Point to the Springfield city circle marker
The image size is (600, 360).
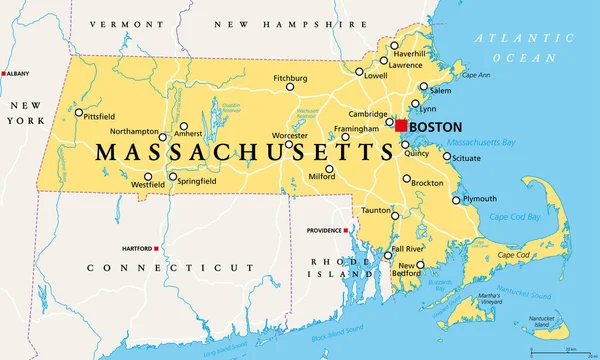coord(172,178)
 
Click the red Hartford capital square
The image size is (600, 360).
coord(157,248)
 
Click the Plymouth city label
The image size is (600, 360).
coord(479,199)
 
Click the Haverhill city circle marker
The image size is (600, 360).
coord(394,46)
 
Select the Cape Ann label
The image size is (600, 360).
coord(475,75)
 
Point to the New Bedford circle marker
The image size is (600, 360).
coord(420,265)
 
